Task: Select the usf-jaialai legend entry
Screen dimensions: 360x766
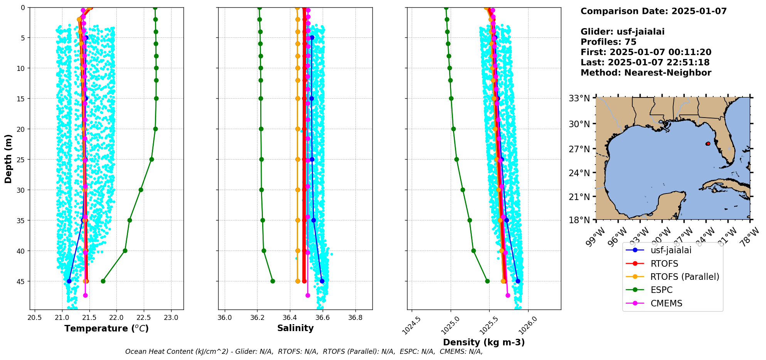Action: click(x=671, y=250)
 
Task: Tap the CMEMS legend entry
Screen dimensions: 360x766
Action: click(x=666, y=303)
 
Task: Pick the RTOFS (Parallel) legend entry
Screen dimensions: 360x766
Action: click(x=685, y=277)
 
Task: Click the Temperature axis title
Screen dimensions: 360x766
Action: click(x=106, y=328)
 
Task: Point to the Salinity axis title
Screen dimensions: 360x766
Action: click(x=295, y=328)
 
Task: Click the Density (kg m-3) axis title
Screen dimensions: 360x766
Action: click(x=484, y=342)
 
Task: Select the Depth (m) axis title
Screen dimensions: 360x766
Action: click(x=8, y=158)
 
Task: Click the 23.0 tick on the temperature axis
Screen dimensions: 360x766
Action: click(x=171, y=318)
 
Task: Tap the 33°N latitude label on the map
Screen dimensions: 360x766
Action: click(x=579, y=99)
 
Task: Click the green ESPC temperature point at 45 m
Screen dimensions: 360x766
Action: click(x=103, y=281)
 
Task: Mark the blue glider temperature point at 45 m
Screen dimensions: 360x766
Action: click(x=69, y=281)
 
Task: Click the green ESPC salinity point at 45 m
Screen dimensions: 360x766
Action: click(x=273, y=281)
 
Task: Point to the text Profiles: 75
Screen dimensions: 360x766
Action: click(x=608, y=42)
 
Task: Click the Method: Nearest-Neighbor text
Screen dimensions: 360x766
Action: click(x=646, y=73)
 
